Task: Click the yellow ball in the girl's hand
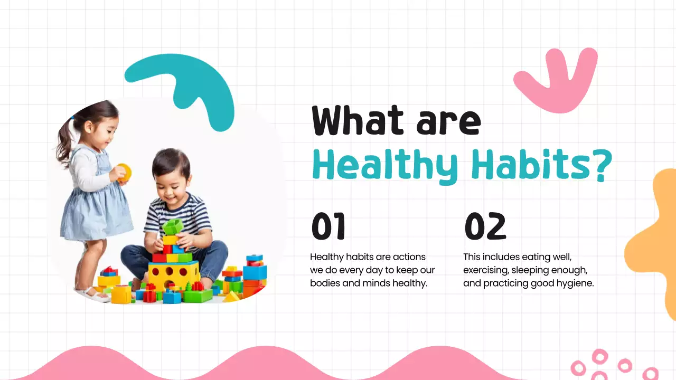124,173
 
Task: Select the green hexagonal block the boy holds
173,227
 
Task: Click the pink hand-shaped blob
555,79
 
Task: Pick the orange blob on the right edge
655,243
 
